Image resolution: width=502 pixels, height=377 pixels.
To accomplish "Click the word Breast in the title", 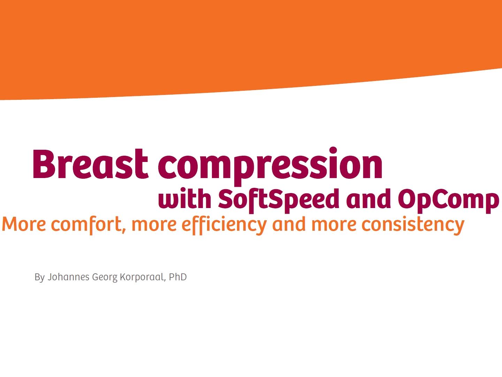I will [90, 164].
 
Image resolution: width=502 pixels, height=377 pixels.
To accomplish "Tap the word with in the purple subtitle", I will [185, 199].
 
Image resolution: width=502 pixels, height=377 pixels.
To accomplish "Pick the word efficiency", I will [224, 224].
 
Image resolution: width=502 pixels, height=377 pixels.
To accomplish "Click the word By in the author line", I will [39, 277].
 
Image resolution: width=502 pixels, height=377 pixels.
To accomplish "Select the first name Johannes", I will [68, 277].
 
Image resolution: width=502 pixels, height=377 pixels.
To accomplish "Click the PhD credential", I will [178, 277].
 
